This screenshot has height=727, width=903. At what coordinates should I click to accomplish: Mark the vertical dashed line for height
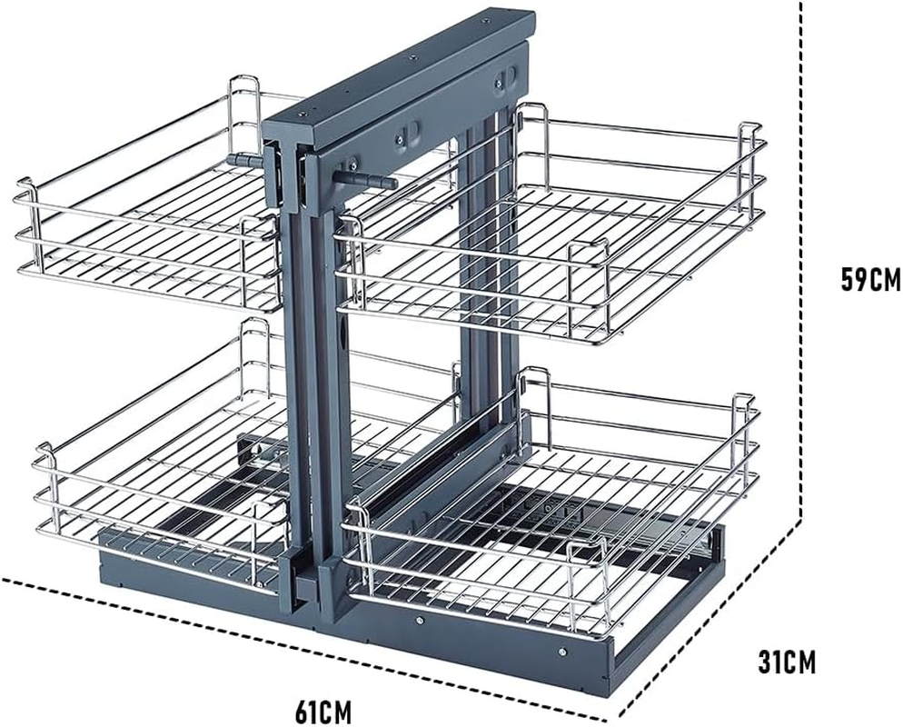click(801, 273)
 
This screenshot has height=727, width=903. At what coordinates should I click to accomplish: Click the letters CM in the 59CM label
click(883, 280)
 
